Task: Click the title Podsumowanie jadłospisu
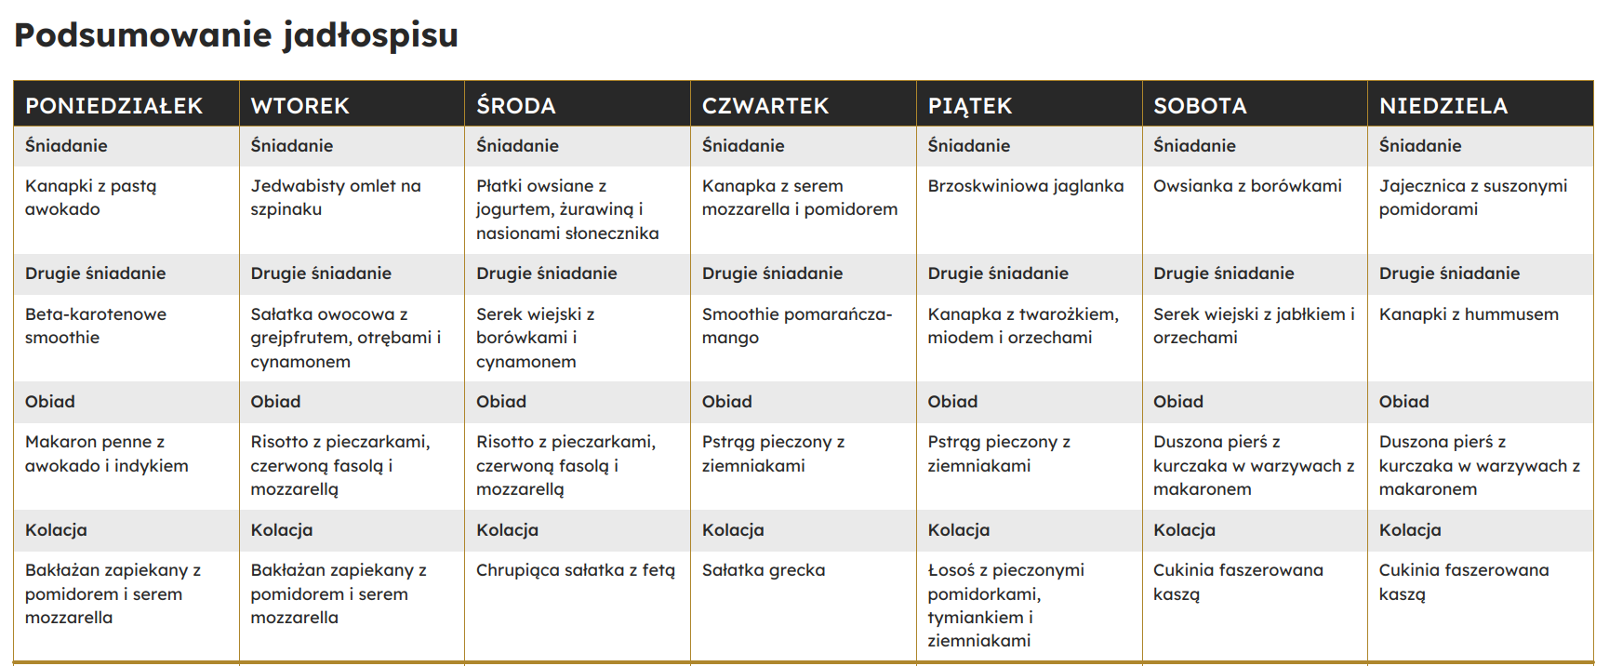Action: click(x=236, y=35)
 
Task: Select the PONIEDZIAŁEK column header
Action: click(x=113, y=106)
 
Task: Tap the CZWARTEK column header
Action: click(x=765, y=106)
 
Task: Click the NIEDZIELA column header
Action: click(x=1443, y=106)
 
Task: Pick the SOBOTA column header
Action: click(x=1200, y=106)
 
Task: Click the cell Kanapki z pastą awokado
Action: click(x=91, y=197)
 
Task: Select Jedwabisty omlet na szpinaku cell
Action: click(x=335, y=197)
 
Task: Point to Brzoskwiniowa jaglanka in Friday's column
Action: click(x=1025, y=186)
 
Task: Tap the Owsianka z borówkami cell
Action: click(x=1247, y=186)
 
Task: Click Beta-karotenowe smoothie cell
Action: click(x=96, y=326)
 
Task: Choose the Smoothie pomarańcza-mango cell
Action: click(x=796, y=326)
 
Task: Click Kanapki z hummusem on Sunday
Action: click(x=1469, y=314)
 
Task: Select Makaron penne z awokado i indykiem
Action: click(x=106, y=454)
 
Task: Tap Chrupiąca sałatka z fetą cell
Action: click(x=576, y=570)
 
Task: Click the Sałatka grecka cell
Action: click(x=763, y=570)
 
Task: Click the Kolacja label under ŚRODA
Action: click(x=507, y=530)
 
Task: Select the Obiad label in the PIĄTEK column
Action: click(x=952, y=402)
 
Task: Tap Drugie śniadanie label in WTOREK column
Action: click(x=321, y=273)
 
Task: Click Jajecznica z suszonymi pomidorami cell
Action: click(x=1472, y=197)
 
